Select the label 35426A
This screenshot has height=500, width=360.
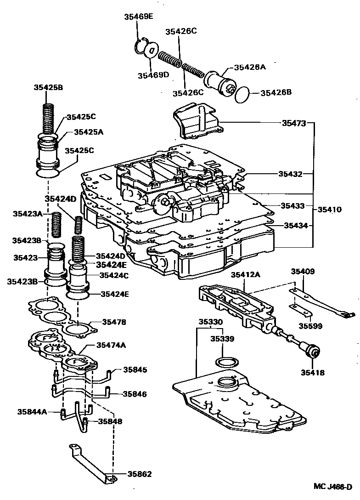tap(250, 67)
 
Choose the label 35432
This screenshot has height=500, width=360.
tap(290, 174)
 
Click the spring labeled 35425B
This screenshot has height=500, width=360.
tap(49, 117)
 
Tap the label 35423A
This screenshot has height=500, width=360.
tap(27, 214)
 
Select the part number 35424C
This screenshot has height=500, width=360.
tap(115, 275)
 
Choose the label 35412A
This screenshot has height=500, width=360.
tap(245, 275)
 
